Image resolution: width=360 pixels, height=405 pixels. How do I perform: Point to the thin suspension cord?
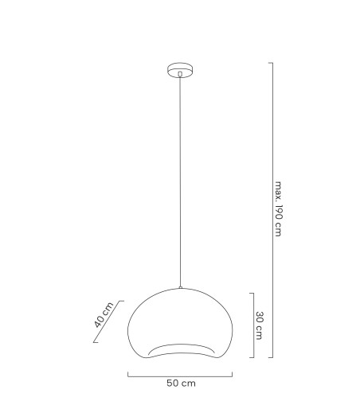(x=181, y=183)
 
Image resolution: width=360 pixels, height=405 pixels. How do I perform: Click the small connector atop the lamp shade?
(x=181, y=288)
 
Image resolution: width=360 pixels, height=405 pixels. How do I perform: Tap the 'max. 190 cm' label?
(x=280, y=209)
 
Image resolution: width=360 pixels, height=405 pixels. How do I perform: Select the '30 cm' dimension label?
(x=260, y=324)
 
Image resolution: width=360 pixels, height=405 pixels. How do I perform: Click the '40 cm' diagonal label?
(x=101, y=316)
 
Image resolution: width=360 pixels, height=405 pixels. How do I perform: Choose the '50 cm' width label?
(x=181, y=384)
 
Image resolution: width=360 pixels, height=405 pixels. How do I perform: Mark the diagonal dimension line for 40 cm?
(x=106, y=321)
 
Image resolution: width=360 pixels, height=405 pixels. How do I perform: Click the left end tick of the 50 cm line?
(x=128, y=372)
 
